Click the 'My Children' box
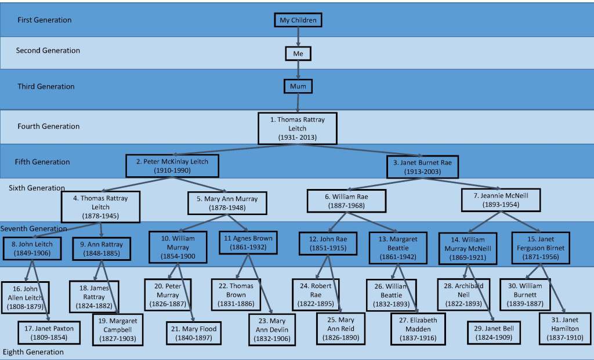298,20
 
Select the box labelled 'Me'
298,54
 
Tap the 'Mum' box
298,87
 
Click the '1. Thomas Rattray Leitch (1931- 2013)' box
297,128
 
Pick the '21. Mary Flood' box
194,333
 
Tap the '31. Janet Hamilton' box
563,328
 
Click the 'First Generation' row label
45,20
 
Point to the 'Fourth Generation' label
49,126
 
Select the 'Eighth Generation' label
33,352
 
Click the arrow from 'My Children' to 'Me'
298,37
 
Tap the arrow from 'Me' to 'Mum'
298,70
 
